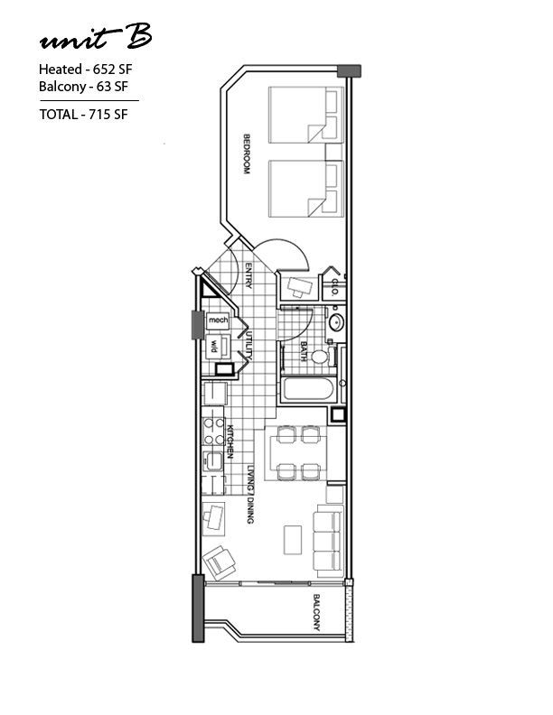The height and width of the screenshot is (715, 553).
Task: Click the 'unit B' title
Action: [96, 38]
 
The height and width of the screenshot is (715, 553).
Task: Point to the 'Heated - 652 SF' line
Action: [85, 70]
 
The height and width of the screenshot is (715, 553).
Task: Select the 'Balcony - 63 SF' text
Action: [83, 86]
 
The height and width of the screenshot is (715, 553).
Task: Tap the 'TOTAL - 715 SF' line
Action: [83, 114]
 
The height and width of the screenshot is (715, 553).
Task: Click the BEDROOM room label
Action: [247, 153]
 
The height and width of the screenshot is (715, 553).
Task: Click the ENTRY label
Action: [248, 275]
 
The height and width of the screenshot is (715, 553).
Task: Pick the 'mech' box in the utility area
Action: [218, 320]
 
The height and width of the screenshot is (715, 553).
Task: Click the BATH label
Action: [304, 351]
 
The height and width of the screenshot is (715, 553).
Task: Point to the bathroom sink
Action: [336, 323]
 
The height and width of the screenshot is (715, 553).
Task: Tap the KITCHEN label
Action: [230, 441]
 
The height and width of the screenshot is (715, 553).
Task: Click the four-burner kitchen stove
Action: [213, 432]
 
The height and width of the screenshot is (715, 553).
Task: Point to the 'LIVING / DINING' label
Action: [250, 494]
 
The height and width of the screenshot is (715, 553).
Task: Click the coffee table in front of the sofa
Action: [293, 540]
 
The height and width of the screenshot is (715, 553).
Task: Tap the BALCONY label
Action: [316, 612]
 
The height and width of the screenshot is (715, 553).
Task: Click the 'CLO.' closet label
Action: [334, 288]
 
